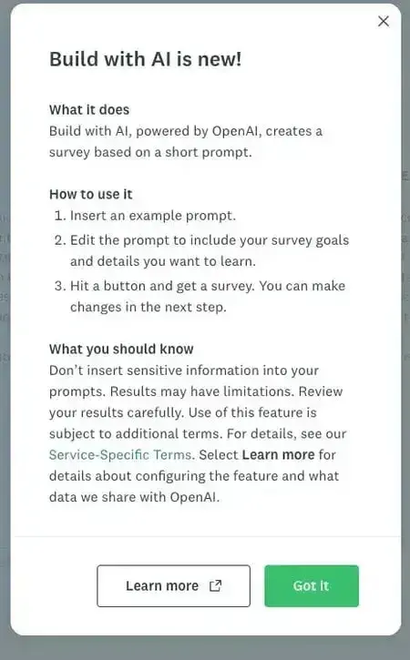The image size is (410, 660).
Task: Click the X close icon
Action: point(384,21)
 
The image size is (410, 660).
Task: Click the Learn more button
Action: point(173,586)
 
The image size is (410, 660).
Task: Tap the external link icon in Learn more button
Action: point(216,586)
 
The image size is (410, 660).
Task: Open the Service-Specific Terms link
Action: point(120,455)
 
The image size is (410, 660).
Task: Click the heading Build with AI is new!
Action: point(145,59)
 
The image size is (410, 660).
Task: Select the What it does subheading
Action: point(89,110)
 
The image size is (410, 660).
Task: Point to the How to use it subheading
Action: point(91,195)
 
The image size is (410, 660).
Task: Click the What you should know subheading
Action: point(121,350)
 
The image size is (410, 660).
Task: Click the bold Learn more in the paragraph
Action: point(278,455)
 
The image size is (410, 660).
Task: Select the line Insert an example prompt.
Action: point(153,217)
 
